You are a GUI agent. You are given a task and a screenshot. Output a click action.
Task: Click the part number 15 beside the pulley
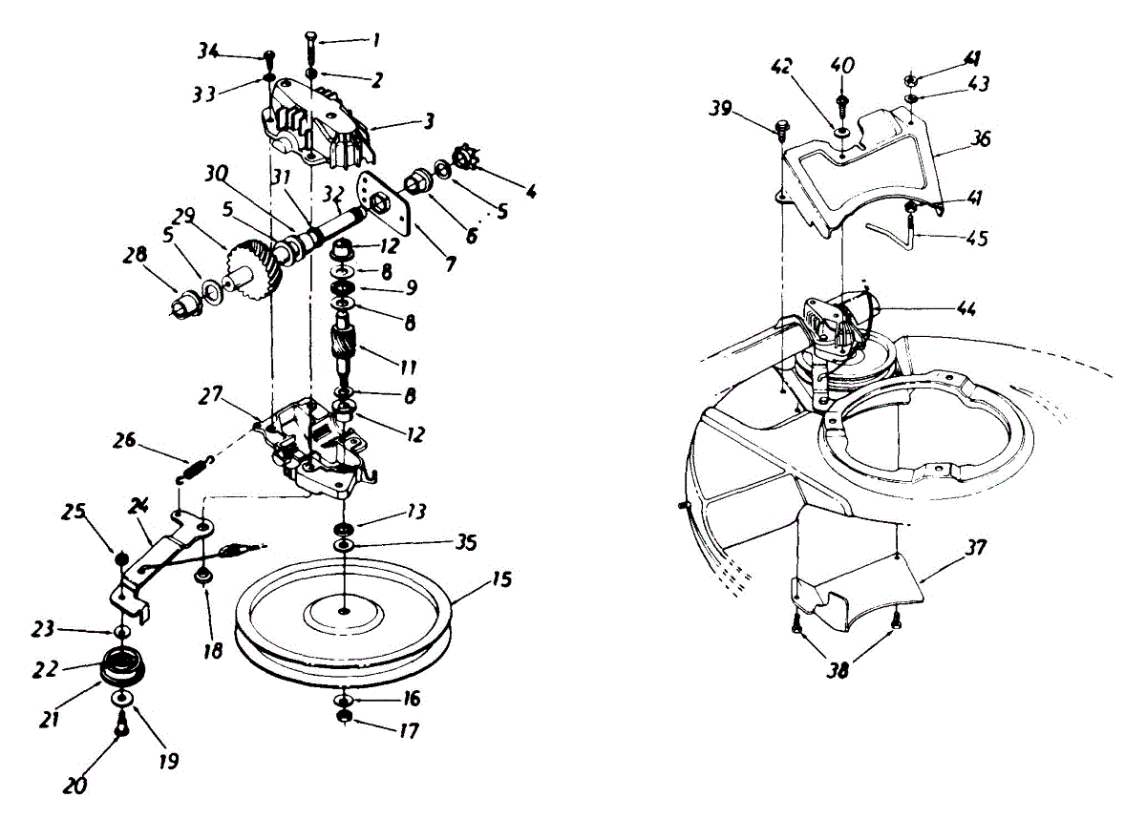coord(502,578)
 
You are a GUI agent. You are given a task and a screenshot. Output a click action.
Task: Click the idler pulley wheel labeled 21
coord(122,664)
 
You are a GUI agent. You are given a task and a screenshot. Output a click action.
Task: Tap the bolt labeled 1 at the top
coord(312,44)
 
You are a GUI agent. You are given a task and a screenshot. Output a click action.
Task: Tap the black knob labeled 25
coord(121,558)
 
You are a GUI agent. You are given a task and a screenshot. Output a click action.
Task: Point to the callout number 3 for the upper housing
coord(430,121)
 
